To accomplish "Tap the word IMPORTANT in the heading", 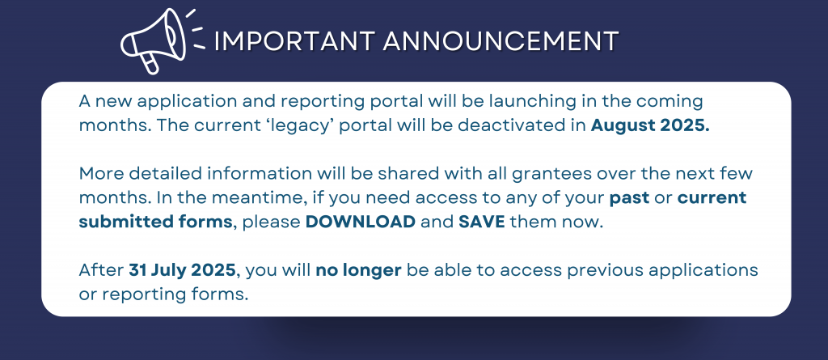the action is [x=295, y=41].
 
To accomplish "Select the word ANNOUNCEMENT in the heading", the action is [x=501, y=41].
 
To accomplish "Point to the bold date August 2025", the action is [x=650, y=126].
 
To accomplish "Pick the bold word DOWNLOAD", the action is [x=361, y=222].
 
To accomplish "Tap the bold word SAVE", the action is [x=482, y=222].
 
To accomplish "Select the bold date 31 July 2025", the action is [x=182, y=271].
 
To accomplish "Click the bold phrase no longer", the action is [x=358, y=271].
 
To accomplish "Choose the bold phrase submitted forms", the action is [x=155, y=222].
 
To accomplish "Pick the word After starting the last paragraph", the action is [x=101, y=271].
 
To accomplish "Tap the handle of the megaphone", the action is [x=150, y=63].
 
